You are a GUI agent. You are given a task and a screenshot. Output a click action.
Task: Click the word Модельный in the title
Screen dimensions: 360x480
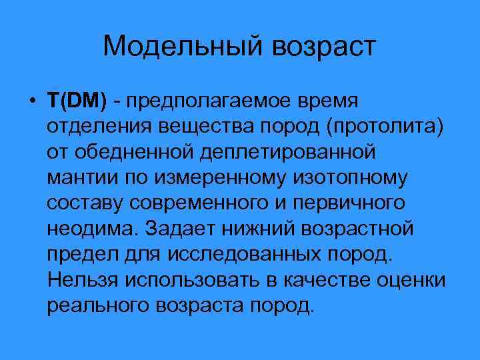[175, 47]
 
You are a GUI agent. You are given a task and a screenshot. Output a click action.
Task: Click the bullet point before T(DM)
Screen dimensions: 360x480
[32, 102]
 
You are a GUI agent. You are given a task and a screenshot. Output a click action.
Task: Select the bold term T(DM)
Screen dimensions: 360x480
[77, 102]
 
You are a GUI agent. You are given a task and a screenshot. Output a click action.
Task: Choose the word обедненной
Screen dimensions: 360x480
[136, 153]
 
